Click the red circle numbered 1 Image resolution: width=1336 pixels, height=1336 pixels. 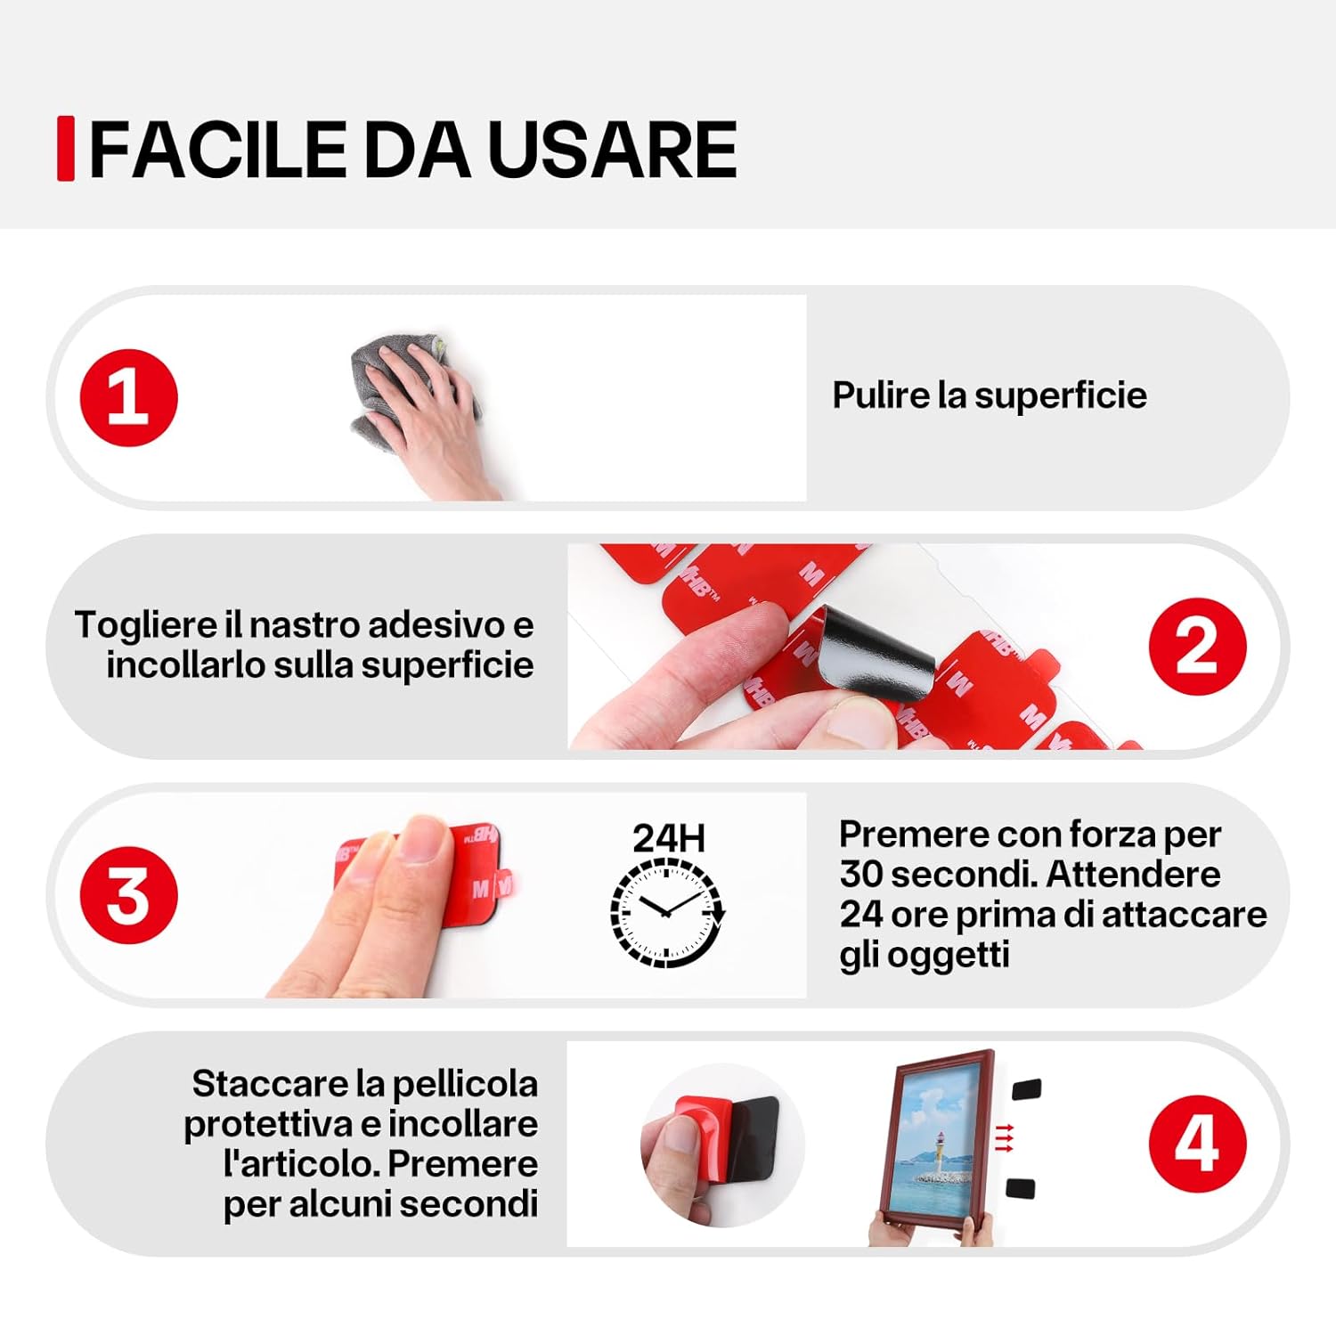tap(129, 398)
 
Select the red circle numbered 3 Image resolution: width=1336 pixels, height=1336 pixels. tap(129, 895)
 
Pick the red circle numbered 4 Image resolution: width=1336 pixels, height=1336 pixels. tap(1197, 1144)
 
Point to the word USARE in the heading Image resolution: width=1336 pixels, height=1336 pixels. tap(612, 150)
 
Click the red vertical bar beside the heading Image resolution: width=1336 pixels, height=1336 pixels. tap(65, 149)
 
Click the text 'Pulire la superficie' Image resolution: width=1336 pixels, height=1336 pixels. tap(989, 395)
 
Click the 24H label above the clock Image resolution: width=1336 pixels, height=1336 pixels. tap(668, 838)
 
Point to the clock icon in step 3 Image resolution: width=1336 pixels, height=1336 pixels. tap(667, 914)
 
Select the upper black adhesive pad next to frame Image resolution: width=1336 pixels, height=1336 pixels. tap(1027, 1089)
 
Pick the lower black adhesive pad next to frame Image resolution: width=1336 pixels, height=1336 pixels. tap(1021, 1188)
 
